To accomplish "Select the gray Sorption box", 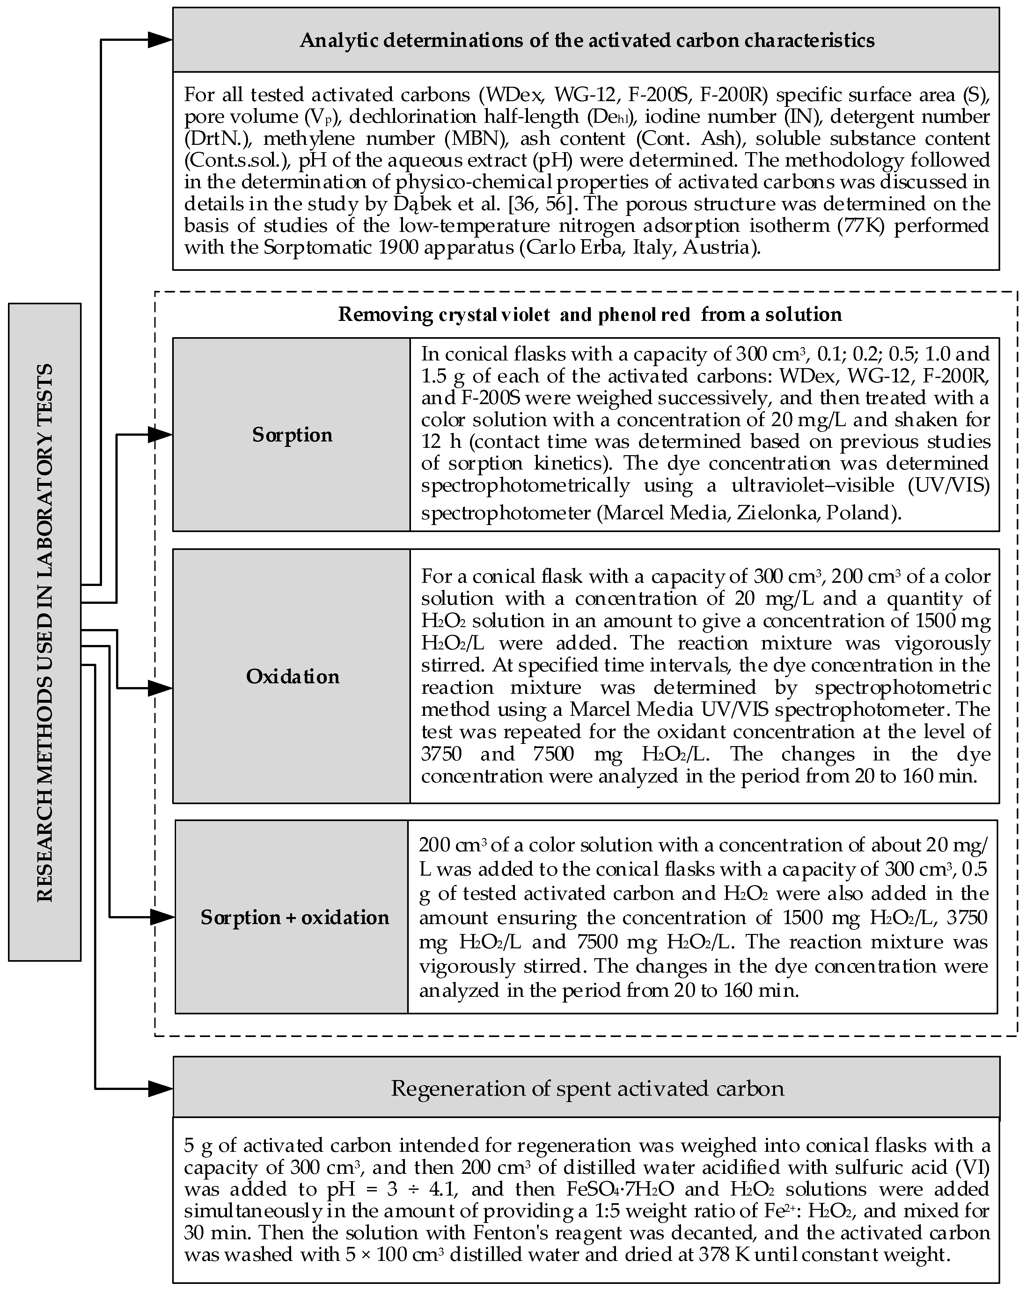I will [x=292, y=435].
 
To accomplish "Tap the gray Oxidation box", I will [x=292, y=676].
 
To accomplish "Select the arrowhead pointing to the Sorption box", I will [x=160, y=435].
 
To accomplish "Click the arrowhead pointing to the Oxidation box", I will [x=160, y=688].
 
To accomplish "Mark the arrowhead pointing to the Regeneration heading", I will [x=160, y=1088].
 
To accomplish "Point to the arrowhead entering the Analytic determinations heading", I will [x=160, y=40].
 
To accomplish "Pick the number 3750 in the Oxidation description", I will [x=441, y=754].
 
